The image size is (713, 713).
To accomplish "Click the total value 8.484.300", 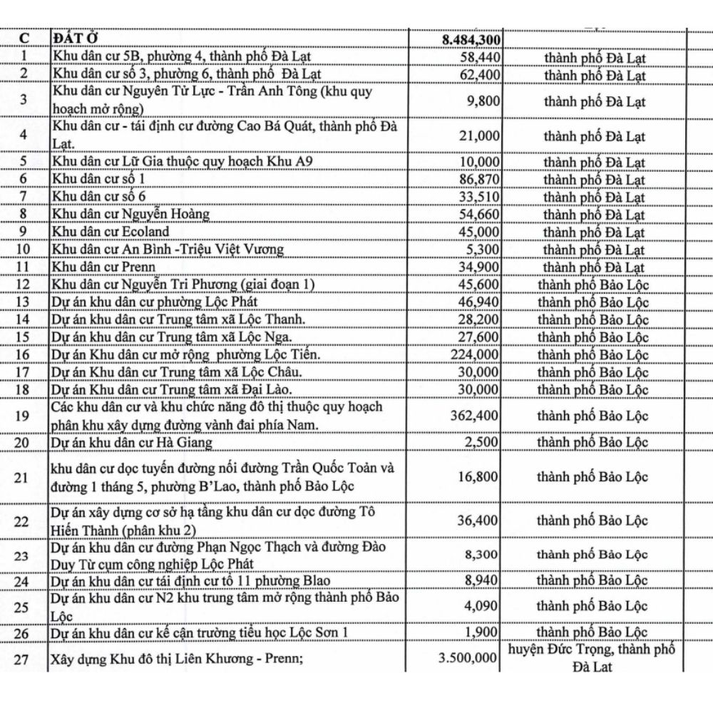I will (470, 39).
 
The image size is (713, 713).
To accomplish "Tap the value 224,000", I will (474, 355).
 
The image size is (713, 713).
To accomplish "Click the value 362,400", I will (474, 416).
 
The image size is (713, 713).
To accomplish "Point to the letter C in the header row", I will (25, 39).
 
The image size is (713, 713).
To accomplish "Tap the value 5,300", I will (483, 250).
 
